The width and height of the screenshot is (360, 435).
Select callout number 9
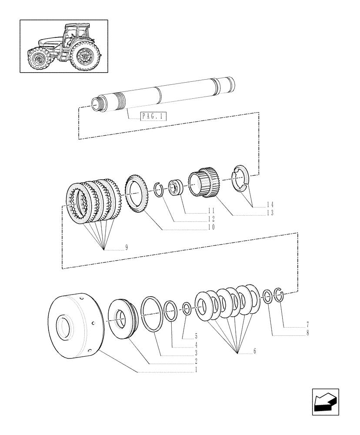(126, 248)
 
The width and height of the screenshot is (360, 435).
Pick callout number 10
(211, 228)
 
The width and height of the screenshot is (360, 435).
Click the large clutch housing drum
(74, 326)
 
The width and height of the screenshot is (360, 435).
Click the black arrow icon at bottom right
(325, 402)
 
